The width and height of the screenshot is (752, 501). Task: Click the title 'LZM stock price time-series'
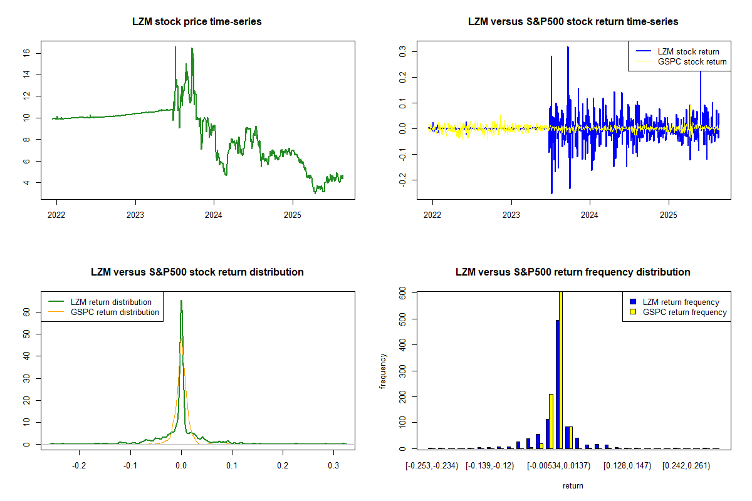click(197, 22)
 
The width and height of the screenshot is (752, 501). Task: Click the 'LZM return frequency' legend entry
click(681, 302)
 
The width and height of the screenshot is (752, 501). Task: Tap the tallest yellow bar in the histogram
click(561, 369)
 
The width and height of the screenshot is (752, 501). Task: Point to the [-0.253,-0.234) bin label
click(432, 467)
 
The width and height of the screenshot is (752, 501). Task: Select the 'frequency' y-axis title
click(383, 371)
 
